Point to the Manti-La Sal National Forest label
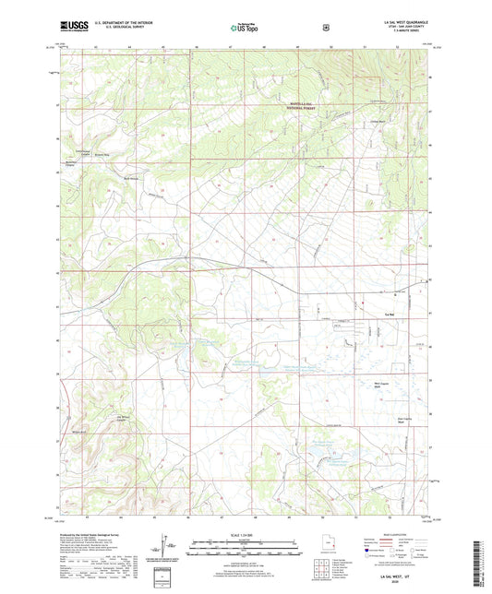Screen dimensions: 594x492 tap(307, 105)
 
